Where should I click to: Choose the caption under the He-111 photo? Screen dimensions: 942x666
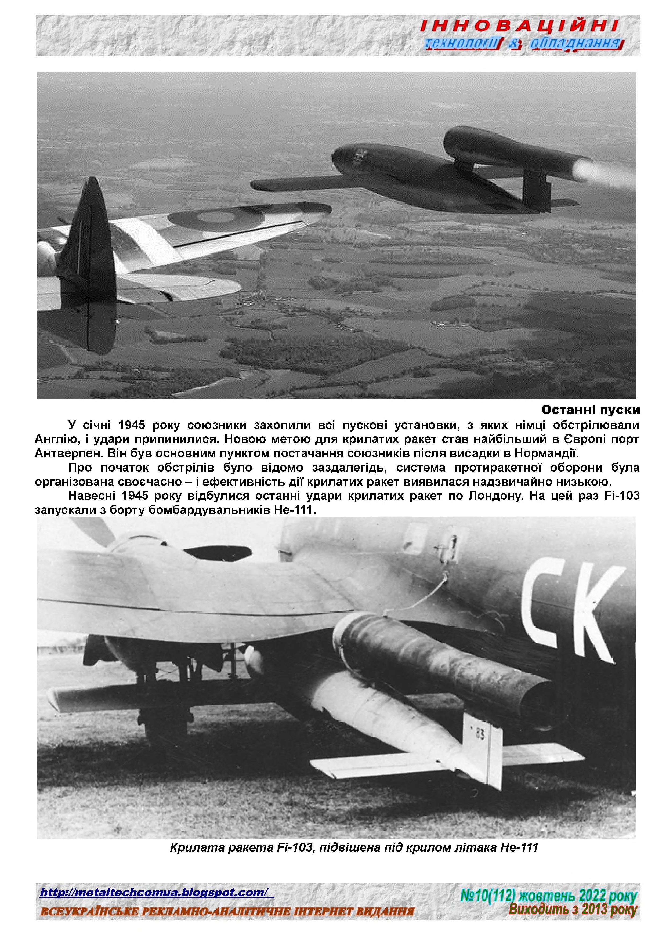[353, 847]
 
